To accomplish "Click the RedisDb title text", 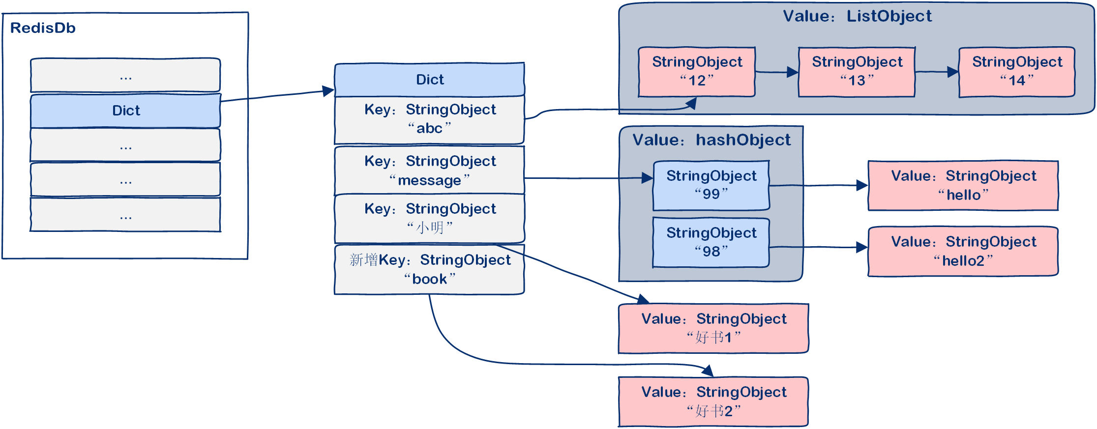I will click(43, 28).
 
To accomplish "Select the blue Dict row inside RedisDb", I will click(126, 111).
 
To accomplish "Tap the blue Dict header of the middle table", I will click(429, 80).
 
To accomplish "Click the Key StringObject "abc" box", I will click(429, 119).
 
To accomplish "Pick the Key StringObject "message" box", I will click(429, 171).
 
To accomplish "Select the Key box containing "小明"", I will click(429, 218).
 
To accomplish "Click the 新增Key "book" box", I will click(429, 269).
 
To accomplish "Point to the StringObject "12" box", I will click(696, 72).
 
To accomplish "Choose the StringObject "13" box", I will click(857, 72).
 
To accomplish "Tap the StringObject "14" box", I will click(1016, 72).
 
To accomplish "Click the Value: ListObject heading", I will click(857, 16).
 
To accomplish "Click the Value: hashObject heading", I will click(711, 140).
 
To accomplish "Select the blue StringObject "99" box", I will click(711, 185).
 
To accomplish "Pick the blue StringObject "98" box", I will click(711, 242).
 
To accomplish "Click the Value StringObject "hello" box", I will click(963, 185).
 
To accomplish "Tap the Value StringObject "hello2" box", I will click(963, 251).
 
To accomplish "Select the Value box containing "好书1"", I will click(713, 328).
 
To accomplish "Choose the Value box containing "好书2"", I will click(713, 401).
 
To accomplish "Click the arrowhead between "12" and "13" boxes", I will click(792, 72).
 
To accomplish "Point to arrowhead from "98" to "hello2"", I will click(861, 247).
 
